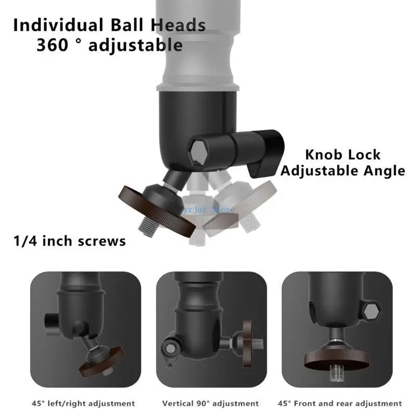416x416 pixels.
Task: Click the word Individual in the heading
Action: (x=56, y=25)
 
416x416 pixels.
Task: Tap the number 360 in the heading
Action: (x=55, y=45)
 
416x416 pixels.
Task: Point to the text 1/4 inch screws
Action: (x=69, y=241)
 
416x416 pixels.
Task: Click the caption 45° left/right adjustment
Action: (x=84, y=403)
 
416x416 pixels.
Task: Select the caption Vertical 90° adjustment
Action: (x=210, y=403)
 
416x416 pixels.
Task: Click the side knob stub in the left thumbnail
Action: (x=50, y=318)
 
